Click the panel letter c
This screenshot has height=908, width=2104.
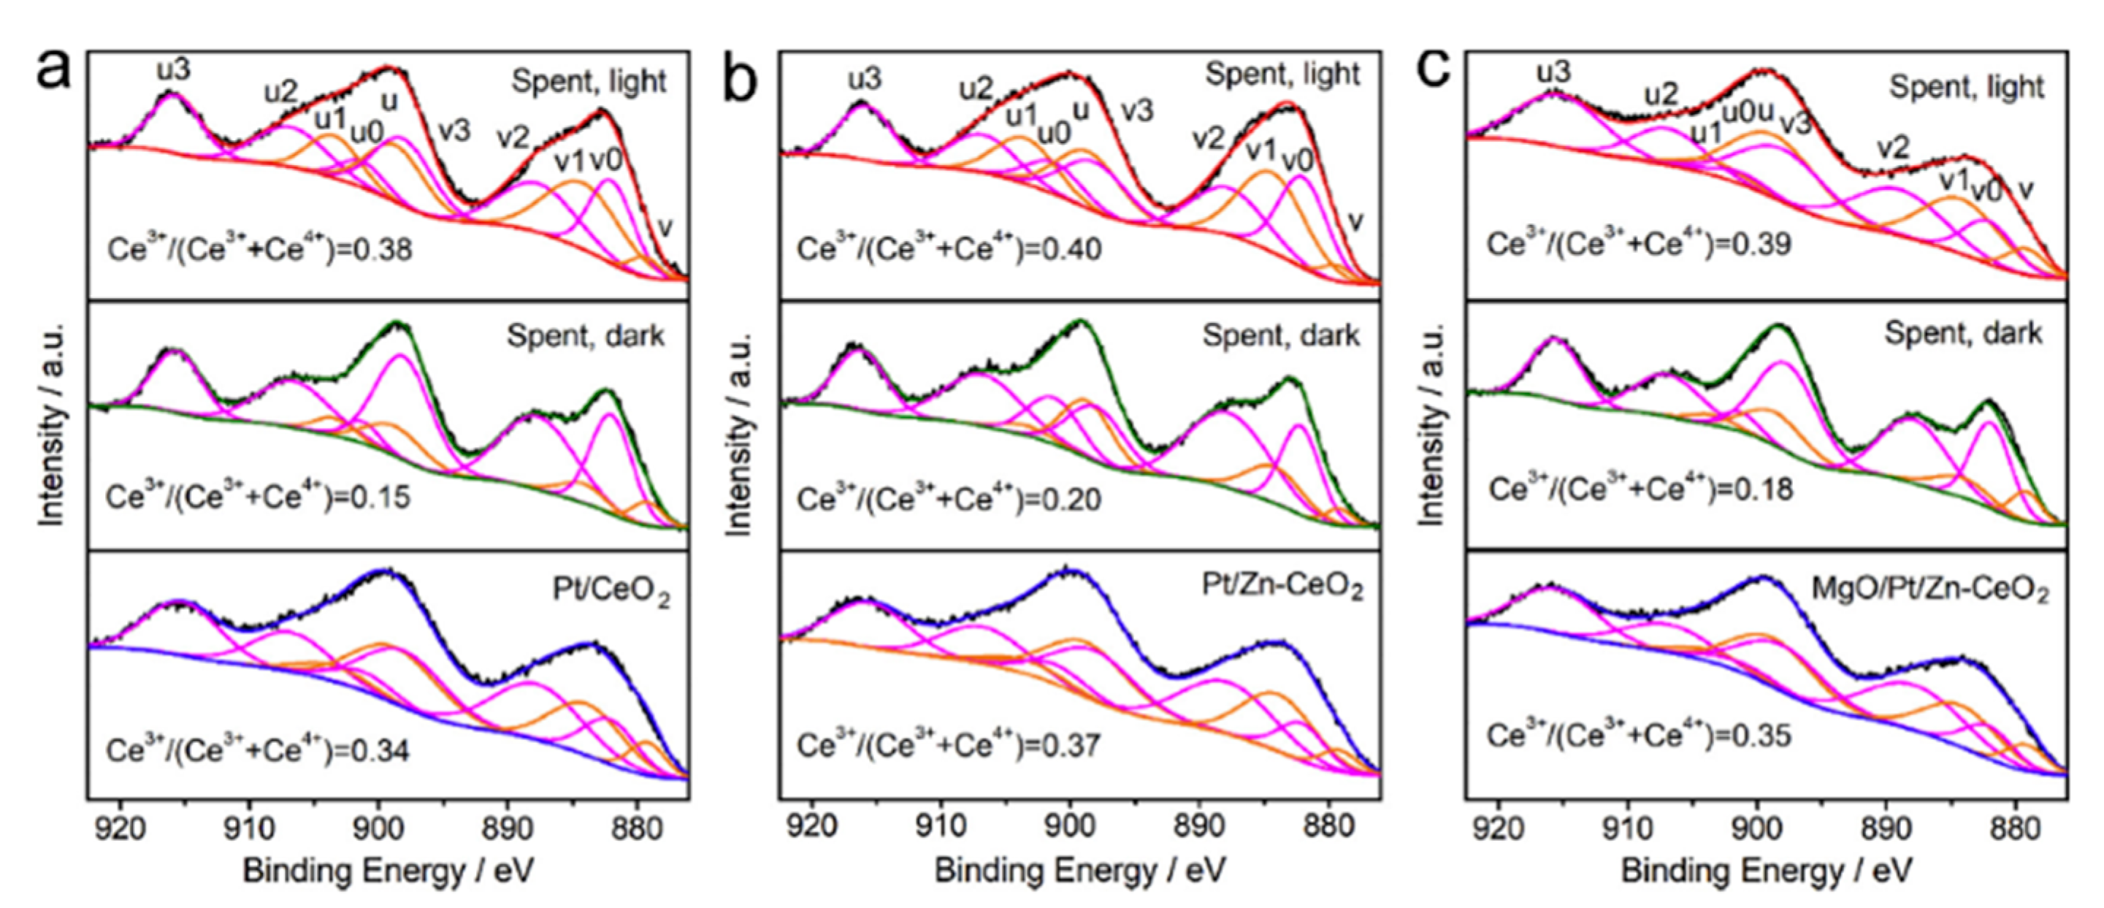coord(1434,70)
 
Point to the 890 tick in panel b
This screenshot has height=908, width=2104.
coord(1199,826)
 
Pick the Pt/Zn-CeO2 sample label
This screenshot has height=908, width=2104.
coord(1282,587)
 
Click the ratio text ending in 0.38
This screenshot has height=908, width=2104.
coord(260,248)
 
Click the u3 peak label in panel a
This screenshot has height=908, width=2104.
coord(174,71)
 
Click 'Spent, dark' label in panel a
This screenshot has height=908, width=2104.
coord(586,336)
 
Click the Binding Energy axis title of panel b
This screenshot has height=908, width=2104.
coord(1080,871)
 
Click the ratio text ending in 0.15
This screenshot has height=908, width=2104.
coord(258,497)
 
